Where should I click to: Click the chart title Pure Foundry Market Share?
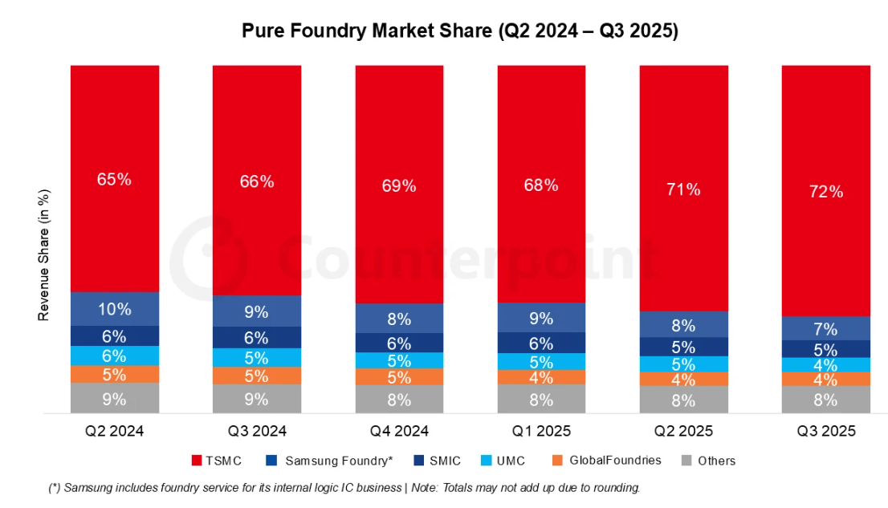pyautogui.click(x=460, y=31)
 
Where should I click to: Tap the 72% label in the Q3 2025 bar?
pyautogui.click(x=825, y=191)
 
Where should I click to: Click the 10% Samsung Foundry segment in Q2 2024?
pyautogui.click(x=114, y=309)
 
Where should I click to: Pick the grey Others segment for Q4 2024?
pyautogui.click(x=399, y=399)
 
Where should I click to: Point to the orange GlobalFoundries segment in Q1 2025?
pyautogui.click(x=541, y=377)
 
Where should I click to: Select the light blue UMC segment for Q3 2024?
pyautogui.click(x=256, y=357)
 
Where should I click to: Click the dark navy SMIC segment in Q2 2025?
pyautogui.click(x=683, y=347)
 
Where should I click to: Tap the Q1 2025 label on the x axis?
pyautogui.click(x=541, y=431)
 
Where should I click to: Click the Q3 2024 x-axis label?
pyautogui.click(x=256, y=431)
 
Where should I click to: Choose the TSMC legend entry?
pyautogui.click(x=218, y=461)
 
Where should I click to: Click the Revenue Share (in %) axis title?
pyautogui.click(x=45, y=255)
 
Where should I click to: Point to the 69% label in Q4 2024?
pyautogui.click(x=399, y=186)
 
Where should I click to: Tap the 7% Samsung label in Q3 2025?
pyautogui.click(x=825, y=329)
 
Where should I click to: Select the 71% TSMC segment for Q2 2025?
pyautogui.click(x=683, y=189)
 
